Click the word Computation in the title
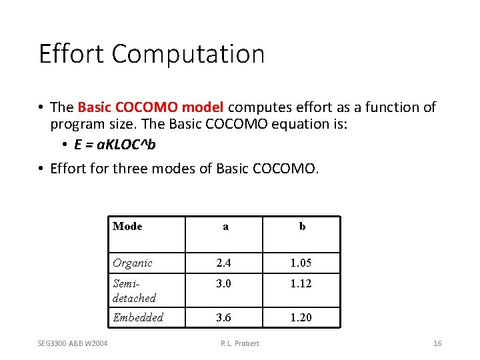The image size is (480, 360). click(188, 54)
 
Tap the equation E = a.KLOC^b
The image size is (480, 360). click(115, 145)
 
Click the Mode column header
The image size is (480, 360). click(127, 226)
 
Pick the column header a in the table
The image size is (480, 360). click(225, 227)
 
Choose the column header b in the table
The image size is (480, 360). click(302, 227)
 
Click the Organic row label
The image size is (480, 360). click(133, 263)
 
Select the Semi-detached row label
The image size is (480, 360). click(134, 291)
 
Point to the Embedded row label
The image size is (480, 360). click(138, 317)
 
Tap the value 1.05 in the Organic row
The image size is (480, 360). click(301, 263)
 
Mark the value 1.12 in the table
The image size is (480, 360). click(301, 284)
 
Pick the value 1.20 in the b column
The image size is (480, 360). click(301, 317)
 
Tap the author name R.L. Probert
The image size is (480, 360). click(239, 343)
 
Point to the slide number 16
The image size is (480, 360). click(437, 343)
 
